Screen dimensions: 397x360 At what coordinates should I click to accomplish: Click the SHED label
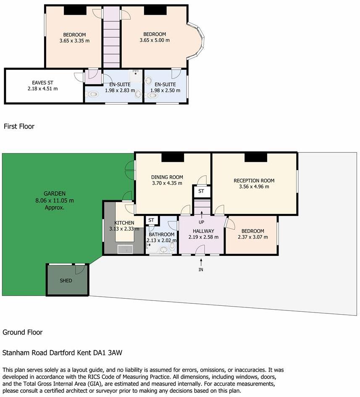66,281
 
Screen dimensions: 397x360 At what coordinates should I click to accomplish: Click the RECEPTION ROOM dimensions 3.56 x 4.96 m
251,187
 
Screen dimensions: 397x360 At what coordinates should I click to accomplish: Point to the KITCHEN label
124,223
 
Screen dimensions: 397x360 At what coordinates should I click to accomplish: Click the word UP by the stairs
201,222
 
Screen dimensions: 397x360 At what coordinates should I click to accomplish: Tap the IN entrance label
201,269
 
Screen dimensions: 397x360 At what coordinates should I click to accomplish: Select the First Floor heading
19,126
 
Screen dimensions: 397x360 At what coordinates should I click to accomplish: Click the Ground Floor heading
23,332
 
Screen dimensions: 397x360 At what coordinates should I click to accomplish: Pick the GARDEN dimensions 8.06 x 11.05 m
55,200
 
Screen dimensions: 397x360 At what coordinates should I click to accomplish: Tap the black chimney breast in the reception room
256,157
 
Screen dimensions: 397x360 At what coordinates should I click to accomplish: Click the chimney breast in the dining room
173,157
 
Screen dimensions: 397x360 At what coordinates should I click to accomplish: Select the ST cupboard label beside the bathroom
151,220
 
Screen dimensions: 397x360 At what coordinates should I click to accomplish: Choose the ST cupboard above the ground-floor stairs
201,191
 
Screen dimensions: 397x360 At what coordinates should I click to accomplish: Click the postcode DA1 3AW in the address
108,353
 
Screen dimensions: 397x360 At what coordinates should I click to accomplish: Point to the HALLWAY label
203,231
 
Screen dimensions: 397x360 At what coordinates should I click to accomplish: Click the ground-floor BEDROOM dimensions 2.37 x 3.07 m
252,237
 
